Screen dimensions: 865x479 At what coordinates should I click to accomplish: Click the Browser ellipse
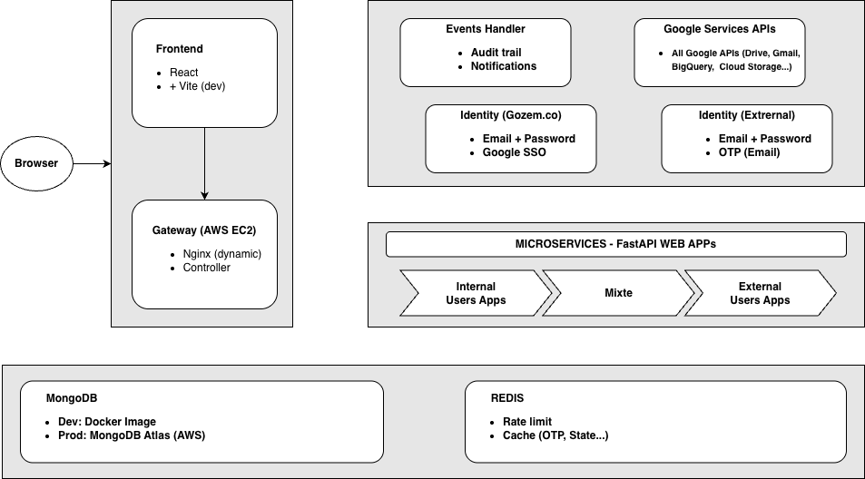[x=36, y=163]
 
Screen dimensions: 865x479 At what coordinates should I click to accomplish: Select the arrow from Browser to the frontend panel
[x=92, y=163]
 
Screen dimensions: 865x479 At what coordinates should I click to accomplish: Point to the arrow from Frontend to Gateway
[x=204, y=163]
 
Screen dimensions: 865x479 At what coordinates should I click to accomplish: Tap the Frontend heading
[x=180, y=49]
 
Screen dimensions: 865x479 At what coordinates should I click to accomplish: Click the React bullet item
[x=183, y=73]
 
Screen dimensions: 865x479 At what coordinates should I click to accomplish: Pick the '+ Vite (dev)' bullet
[x=198, y=86]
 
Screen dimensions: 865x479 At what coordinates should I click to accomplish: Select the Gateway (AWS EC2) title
[x=204, y=230]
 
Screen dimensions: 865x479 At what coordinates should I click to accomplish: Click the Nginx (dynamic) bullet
[x=221, y=254]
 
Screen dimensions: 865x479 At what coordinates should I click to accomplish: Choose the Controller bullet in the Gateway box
[x=206, y=268]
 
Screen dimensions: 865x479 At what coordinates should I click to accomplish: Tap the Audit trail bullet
[x=496, y=53]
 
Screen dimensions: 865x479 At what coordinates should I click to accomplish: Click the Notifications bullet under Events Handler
[x=503, y=66]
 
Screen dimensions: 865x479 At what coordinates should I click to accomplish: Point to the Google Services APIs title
[x=720, y=29]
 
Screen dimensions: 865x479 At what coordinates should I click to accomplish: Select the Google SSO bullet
[x=514, y=152]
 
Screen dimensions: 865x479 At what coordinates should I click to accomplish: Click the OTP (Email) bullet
[x=749, y=152]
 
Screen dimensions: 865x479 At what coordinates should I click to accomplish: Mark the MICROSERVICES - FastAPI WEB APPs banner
[x=615, y=244]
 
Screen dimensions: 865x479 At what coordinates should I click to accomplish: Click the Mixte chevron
[x=618, y=293]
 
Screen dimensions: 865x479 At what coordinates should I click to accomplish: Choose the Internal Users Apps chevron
[x=476, y=293]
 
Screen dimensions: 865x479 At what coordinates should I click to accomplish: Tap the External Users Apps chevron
[x=761, y=293]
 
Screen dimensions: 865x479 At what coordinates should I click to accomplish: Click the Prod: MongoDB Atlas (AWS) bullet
[x=132, y=435]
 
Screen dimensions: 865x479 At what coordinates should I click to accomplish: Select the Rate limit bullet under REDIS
[x=526, y=422]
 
